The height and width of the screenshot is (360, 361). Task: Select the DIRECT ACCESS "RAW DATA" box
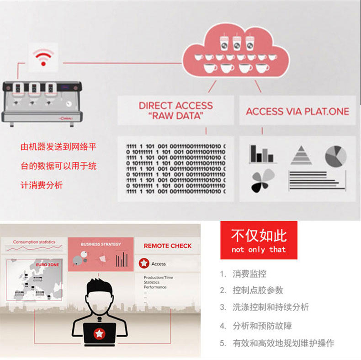click(176, 111)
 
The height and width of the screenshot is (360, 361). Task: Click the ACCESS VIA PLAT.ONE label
click(297, 111)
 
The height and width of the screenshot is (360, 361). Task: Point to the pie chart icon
click(335, 156)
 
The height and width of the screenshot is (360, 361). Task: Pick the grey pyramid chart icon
click(302, 156)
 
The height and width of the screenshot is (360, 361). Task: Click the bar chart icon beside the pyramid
click(262, 155)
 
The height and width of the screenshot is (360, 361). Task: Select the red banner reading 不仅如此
click(259, 241)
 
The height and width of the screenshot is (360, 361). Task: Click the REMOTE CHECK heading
click(168, 246)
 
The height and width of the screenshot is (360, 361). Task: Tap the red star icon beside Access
click(144, 263)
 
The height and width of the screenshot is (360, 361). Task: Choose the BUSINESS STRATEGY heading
click(101, 244)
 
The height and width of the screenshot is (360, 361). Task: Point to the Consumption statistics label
click(34, 242)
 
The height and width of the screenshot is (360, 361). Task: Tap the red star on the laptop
click(99, 334)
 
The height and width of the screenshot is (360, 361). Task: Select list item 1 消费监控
click(249, 274)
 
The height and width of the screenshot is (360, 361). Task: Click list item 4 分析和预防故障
click(262, 326)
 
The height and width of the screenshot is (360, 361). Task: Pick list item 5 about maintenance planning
click(283, 343)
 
